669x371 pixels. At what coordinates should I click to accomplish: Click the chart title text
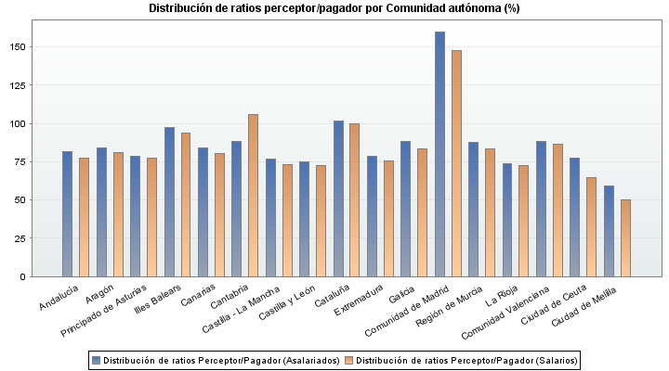[x=334, y=8]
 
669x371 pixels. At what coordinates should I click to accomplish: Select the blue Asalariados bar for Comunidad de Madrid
[x=440, y=154]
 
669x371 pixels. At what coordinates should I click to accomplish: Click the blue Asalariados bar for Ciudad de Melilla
[x=609, y=231]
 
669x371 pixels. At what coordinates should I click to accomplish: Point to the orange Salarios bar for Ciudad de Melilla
[x=625, y=237]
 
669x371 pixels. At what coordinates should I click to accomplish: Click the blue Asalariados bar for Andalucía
[x=68, y=213]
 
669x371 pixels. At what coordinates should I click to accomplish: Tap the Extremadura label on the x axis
[x=358, y=300]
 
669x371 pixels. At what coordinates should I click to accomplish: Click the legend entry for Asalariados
[x=215, y=360]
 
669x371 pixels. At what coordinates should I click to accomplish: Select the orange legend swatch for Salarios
[x=348, y=360]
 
